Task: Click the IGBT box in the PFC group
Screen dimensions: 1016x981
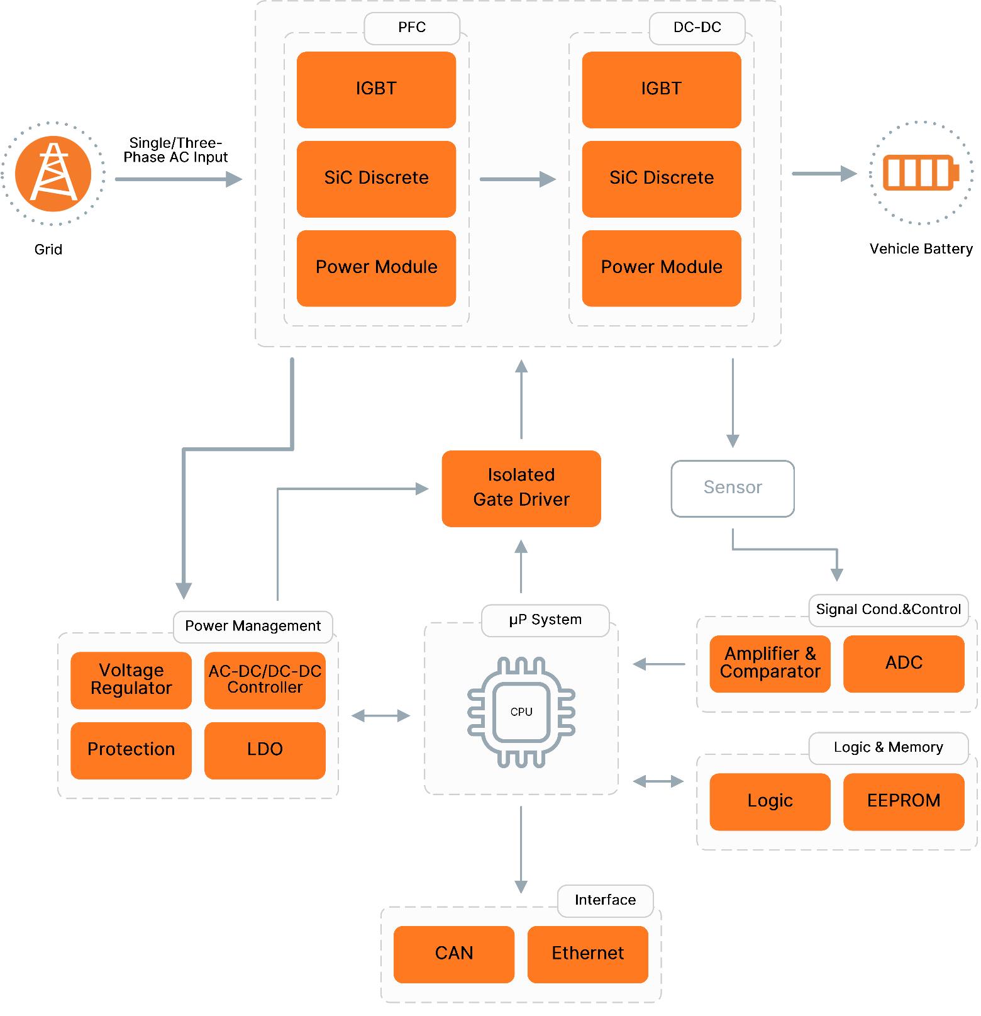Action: (x=376, y=89)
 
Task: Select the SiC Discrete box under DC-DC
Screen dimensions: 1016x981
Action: (x=661, y=179)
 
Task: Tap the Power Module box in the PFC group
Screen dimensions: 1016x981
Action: (x=376, y=268)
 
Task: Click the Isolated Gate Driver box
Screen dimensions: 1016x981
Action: (x=521, y=488)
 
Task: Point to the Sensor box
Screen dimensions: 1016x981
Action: (x=732, y=488)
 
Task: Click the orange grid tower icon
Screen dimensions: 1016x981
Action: (x=53, y=174)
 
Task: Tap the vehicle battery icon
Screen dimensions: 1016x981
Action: (x=920, y=172)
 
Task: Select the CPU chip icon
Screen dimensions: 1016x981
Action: (x=521, y=712)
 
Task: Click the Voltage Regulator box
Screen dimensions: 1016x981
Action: (x=131, y=680)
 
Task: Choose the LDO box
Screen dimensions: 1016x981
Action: (x=265, y=750)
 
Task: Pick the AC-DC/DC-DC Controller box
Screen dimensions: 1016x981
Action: (x=265, y=680)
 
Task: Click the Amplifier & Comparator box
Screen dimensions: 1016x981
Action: (x=770, y=664)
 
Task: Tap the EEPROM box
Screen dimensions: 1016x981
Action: (x=903, y=801)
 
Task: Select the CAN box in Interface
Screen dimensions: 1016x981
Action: (x=453, y=954)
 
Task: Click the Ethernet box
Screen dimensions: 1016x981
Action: (x=587, y=954)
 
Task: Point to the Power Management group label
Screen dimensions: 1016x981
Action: (x=253, y=627)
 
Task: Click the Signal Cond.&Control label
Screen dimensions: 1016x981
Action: (x=888, y=610)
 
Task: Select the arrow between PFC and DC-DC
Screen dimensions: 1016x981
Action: (x=517, y=179)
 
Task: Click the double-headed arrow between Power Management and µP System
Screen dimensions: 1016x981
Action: (x=380, y=716)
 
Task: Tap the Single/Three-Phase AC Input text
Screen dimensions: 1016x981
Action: (x=175, y=150)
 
